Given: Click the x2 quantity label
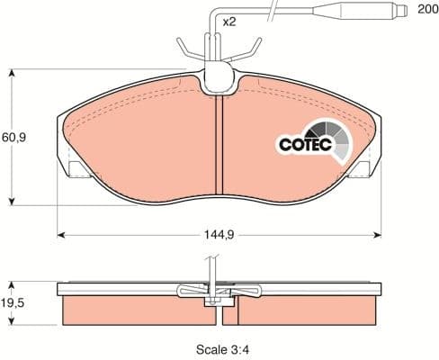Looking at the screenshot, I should (229, 20).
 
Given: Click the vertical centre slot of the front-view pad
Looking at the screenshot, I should (219, 144).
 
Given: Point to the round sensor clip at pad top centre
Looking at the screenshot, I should (219, 80).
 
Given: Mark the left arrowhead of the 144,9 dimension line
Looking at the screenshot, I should (61, 236).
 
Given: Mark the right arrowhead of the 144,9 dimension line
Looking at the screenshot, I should (377, 236).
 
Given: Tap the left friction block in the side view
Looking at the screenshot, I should (134, 311).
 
